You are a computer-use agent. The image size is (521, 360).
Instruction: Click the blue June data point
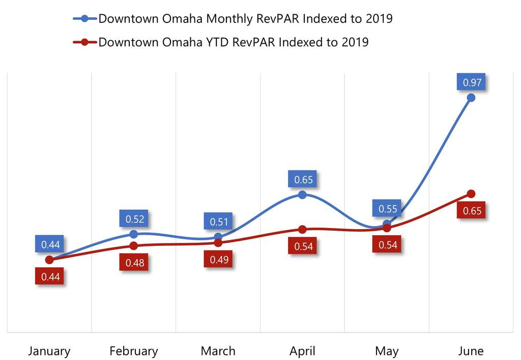click(x=471, y=97)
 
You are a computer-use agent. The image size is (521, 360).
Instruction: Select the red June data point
click(x=471, y=193)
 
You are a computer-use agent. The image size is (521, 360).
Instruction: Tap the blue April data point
click(x=302, y=195)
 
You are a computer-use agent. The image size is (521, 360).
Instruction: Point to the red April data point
click(x=302, y=229)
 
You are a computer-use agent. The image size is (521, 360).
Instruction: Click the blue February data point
click(x=134, y=234)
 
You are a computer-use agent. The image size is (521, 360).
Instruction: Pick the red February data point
click(x=134, y=245)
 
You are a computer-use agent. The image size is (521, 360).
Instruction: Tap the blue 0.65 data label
click(x=304, y=179)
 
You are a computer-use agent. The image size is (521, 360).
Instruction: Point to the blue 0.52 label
click(x=135, y=219)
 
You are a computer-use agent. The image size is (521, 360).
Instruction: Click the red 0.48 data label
click(x=135, y=263)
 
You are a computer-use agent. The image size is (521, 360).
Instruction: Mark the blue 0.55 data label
click(x=388, y=208)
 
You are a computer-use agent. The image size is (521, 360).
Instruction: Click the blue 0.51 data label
click(x=219, y=221)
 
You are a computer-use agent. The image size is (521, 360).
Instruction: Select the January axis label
click(x=49, y=351)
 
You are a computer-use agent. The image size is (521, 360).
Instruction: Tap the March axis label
click(x=218, y=351)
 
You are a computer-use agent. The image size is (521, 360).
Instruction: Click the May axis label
click(x=387, y=351)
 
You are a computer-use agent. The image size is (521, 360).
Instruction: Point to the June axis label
click(x=471, y=351)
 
